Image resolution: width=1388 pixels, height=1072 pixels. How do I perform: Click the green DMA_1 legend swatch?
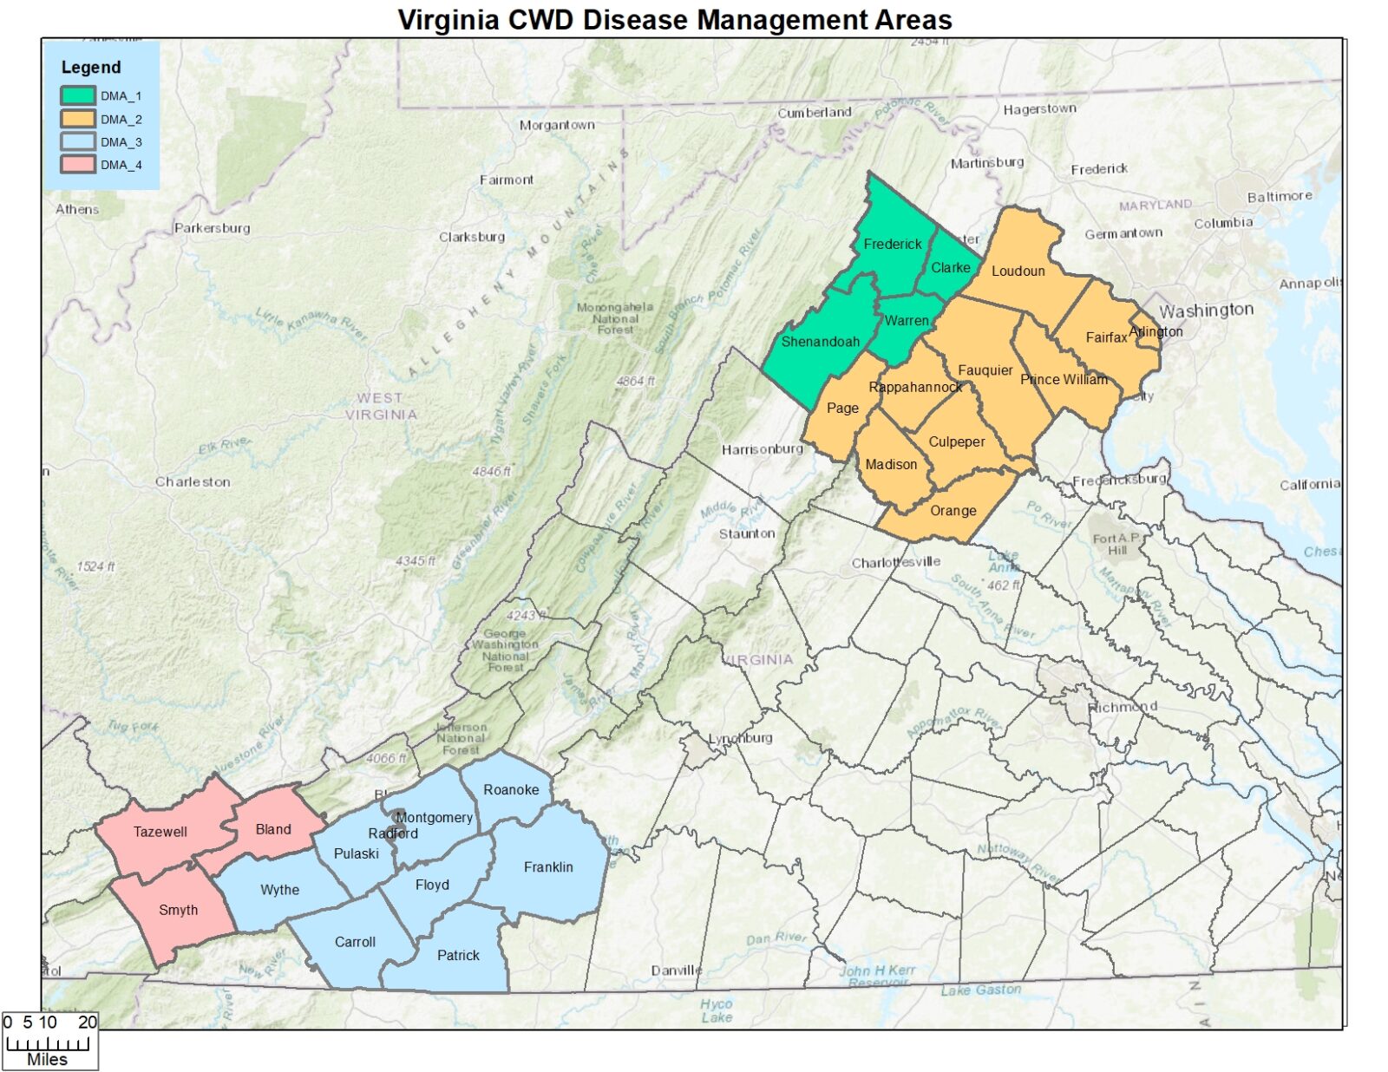[77, 96]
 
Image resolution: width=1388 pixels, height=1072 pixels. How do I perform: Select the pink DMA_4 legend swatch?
[77, 165]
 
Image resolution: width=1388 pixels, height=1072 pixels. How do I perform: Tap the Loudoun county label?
[1018, 271]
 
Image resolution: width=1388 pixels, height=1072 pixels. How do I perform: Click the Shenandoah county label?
[820, 342]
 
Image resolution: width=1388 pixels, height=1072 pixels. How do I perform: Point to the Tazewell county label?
[160, 832]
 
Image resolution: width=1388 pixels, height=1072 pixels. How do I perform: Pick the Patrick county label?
[458, 956]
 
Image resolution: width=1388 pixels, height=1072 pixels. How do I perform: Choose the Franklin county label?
[548, 867]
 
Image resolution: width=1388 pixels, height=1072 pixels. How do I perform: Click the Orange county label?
[953, 511]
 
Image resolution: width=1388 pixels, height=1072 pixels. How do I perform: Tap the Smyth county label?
[178, 910]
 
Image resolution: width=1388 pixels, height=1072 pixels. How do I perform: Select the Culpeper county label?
[956, 441]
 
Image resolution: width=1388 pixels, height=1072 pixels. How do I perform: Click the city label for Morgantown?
[557, 125]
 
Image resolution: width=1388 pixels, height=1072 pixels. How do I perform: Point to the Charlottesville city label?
[895, 563]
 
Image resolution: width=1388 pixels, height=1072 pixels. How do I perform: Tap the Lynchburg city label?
[740, 738]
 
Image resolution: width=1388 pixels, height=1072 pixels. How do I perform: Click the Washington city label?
[1206, 310]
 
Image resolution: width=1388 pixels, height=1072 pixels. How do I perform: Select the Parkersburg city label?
[212, 228]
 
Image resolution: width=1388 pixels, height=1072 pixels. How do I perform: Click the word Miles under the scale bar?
[47, 1059]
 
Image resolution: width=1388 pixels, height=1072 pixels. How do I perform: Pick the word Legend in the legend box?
[91, 68]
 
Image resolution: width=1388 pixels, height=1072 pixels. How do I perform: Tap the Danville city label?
[676, 971]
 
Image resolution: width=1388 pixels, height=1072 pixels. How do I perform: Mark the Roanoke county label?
[511, 790]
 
